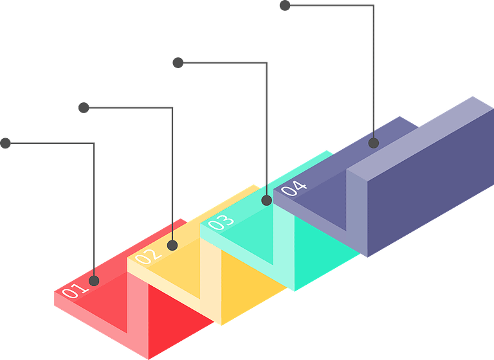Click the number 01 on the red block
(x=74, y=291)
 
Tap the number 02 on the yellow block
(x=149, y=256)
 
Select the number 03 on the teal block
(x=221, y=222)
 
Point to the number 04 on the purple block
(x=294, y=188)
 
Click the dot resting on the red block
(x=94, y=280)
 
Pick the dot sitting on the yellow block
(x=172, y=245)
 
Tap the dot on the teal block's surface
(x=266, y=201)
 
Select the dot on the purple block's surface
(x=374, y=143)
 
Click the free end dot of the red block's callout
(x=6, y=143)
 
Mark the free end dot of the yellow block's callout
(x=84, y=107)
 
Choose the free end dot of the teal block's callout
(x=178, y=62)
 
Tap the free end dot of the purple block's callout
(x=285, y=6)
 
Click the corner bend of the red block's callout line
(x=95, y=143)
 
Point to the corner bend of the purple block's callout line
(x=374, y=6)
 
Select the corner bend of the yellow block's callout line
(x=173, y=108)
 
